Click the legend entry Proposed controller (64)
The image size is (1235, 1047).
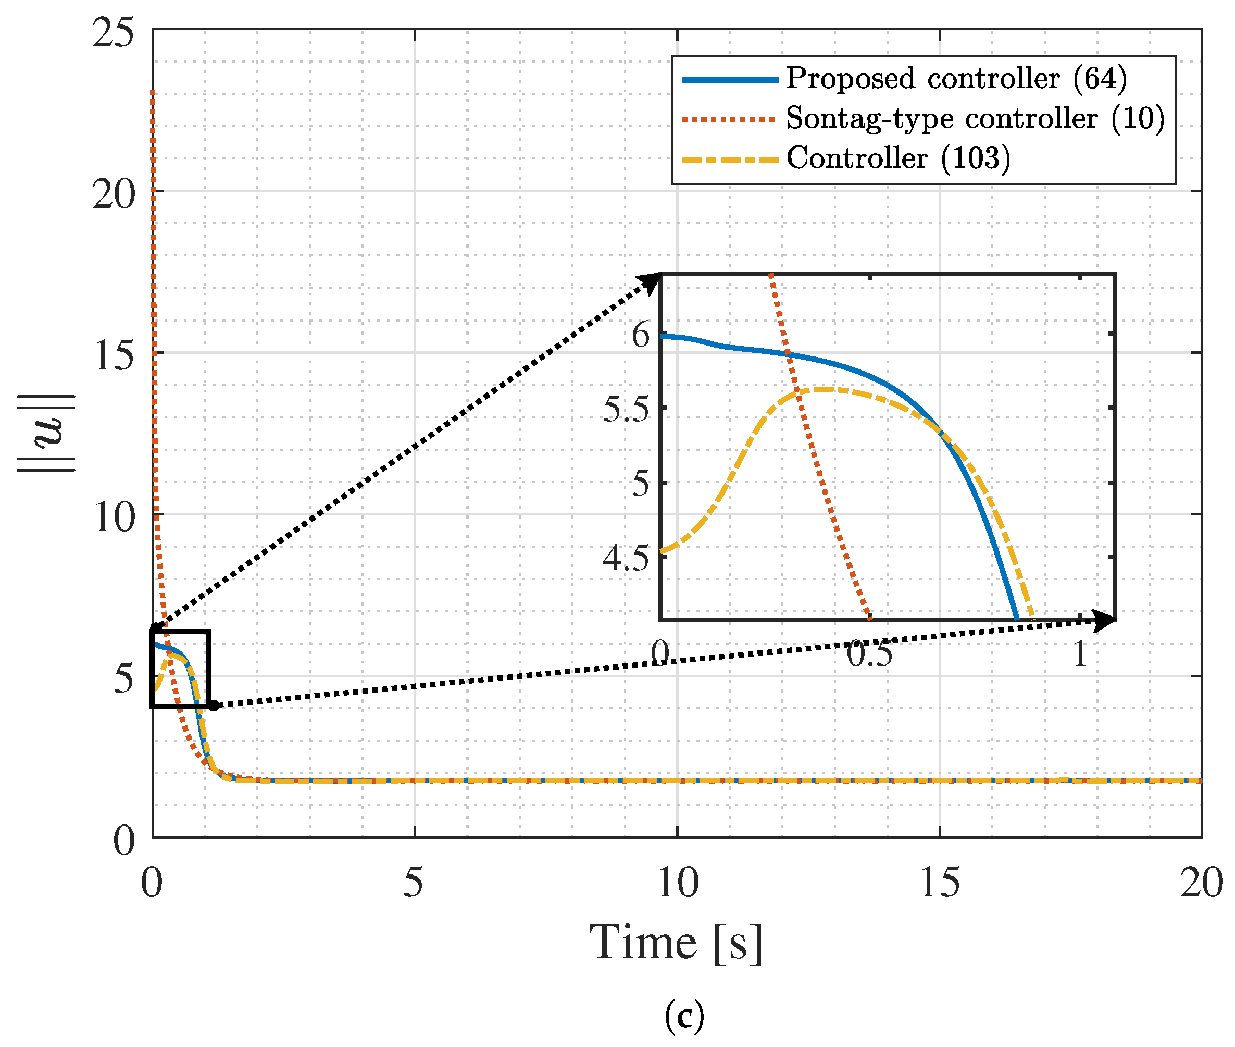(956, 79)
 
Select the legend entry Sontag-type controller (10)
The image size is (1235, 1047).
(975, 119)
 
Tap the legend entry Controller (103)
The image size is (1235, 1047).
(898, 158)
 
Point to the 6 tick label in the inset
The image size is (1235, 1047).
(641, 336)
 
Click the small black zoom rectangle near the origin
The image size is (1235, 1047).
(181, 668)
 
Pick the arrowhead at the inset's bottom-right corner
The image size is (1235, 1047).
(1104, 621)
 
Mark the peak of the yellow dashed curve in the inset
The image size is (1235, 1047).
(825, 389)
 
